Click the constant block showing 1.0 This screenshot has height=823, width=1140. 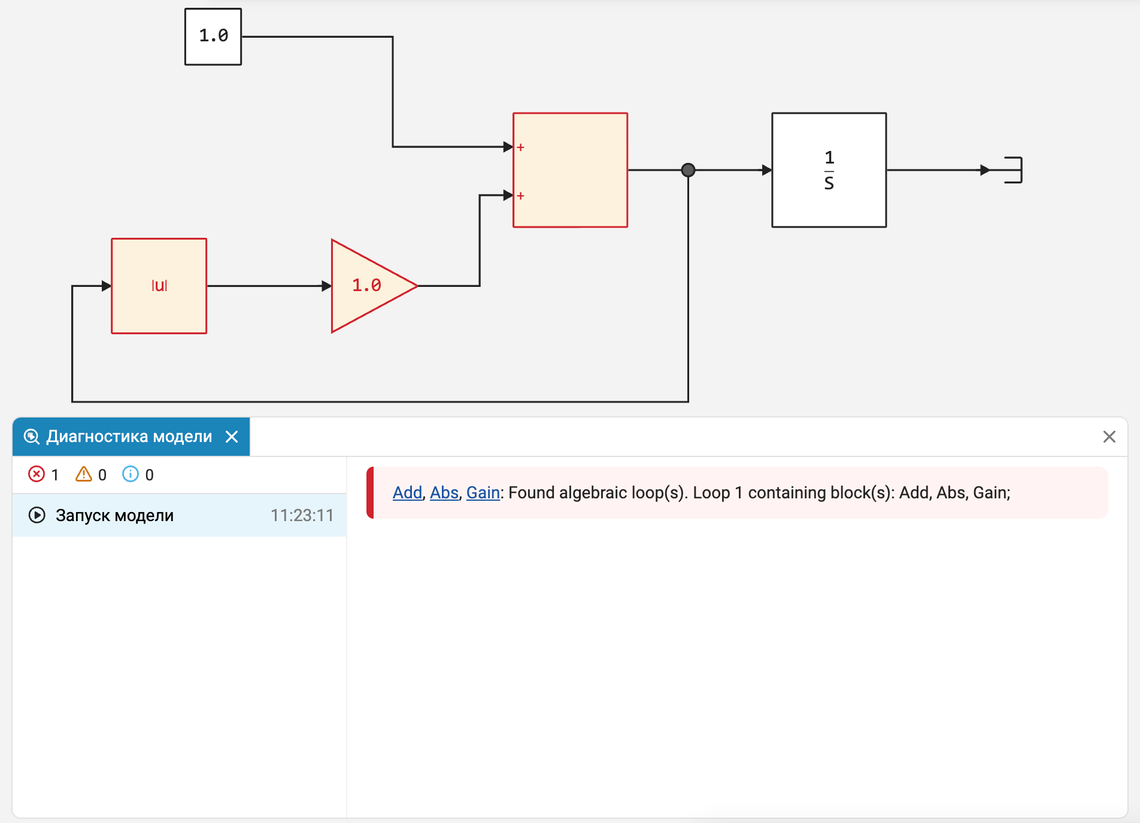click(213, 37)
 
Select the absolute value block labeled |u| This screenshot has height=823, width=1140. click(159, 286)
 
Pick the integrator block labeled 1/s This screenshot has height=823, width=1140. click(829, 170)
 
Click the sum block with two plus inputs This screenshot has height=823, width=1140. click(571, 170)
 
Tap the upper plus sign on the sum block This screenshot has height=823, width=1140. click(521, 147)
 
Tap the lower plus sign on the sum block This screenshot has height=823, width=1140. click(521, 196)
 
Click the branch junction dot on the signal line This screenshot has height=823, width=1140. click(689, 170)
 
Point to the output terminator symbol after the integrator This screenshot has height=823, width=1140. click(1013, 170)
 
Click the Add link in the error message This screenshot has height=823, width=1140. click(408, 492)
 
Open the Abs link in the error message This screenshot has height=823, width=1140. click(444, 492)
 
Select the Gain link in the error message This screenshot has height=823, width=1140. click(483, 492)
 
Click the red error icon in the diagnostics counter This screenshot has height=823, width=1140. click(37, 474)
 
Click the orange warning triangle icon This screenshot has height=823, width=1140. click(84, 474)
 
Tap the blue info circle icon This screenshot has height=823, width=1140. click(131, 474)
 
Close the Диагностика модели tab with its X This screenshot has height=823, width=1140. click(232, 437)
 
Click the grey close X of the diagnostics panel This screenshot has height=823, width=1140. click(1109, 437)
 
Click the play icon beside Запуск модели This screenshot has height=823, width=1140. click(37, 515)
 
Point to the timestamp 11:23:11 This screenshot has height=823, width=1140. click(302, 515)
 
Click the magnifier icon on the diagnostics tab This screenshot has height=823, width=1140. click(32, 437)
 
